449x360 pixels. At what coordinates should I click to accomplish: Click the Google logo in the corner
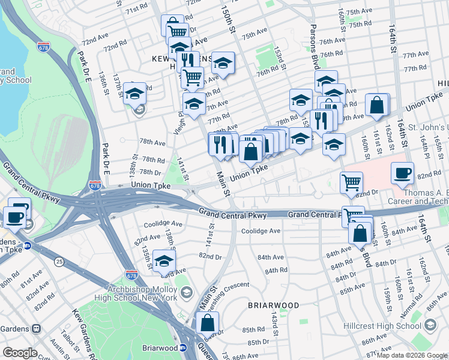(x=20, y=352)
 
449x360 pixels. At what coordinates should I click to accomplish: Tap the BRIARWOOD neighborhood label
(x=274, y=305)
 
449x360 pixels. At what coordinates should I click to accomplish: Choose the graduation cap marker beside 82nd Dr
(x=164, y=260)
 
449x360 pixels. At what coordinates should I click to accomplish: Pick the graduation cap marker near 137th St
(x=136, y=93)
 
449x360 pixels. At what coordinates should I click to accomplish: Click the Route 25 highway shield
(x=59, y=262)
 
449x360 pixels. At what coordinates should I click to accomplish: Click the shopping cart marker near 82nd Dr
(x=351, y=182)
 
